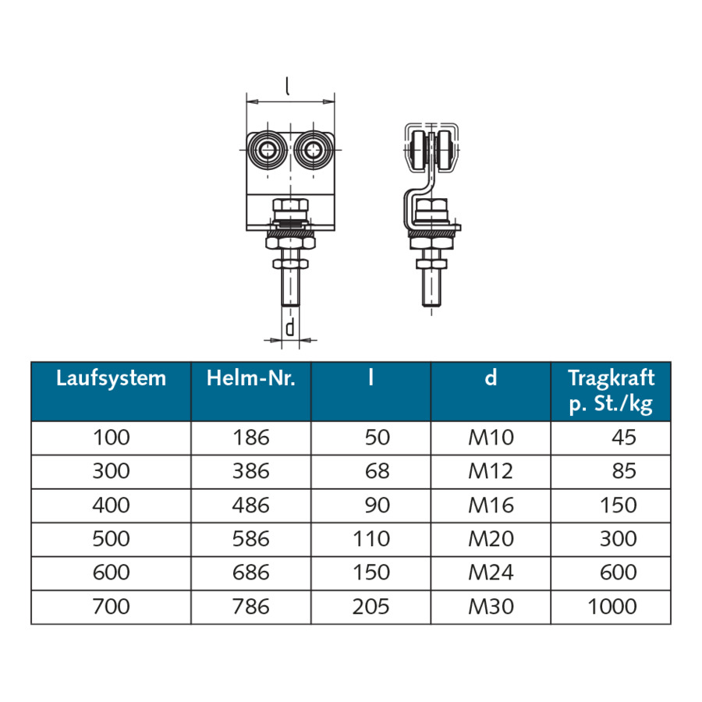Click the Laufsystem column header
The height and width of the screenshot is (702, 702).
coord(111,378)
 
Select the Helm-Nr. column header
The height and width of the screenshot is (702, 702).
coord(250,378)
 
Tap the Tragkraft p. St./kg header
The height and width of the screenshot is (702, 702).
coord(611,391)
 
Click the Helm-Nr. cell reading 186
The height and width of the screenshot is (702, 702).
coord(250,438)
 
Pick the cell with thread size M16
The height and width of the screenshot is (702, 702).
coord(491,505)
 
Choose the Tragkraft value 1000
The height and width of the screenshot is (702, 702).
coord(612,607)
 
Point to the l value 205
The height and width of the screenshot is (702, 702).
coord(370,607)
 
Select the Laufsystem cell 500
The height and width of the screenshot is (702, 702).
coord(111,538)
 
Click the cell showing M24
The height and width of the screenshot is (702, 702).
coord(491,573)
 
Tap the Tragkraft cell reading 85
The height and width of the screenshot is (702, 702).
coord(624,471)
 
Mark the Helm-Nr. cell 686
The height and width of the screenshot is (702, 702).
coord(250,573)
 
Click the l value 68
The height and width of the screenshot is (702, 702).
coord(377,471)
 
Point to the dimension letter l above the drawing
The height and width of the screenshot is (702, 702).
coord(287,86)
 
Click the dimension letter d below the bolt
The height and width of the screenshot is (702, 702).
coord(290,328)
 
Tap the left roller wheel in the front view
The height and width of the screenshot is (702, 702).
coord(268,150)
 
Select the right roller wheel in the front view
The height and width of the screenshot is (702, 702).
coord(313,150)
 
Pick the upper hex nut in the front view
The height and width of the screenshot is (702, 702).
coord(290,205)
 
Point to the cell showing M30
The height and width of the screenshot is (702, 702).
coord(491,607)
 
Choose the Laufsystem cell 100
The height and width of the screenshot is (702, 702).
coord(111,438)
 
